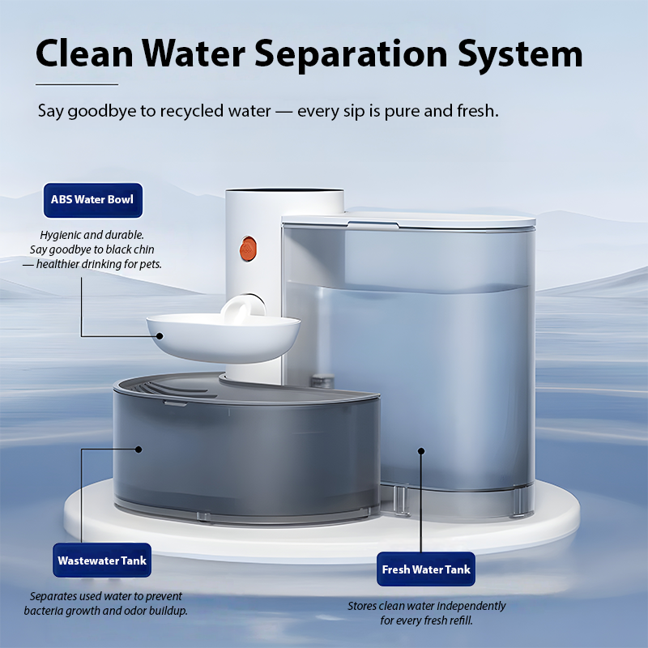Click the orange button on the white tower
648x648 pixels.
pyautogui.click(x=248, y=249)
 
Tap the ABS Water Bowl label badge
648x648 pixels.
pyautogui.click(x=93, y=200)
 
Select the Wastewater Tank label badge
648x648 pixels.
pyautogui.click(x=102, y=560)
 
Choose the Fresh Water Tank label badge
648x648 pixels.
pyautogui.click(x=426, y=569)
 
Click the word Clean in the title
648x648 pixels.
pyautogui.click(x=84, y=53)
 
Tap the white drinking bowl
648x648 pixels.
pyautogui.click(x=224, y=337)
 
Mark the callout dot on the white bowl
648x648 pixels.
pyautogui.click(x=160, y=336)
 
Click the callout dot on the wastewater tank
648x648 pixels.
pyautogui.click(x=139, y=450)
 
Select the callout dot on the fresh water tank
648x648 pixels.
pyautogui.click(x=421, y=451)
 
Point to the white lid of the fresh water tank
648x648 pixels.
pyautogui.click(x=408, y=220)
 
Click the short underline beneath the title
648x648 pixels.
pyautogui.click(x=77, y=84)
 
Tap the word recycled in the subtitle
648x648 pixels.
pyautogui.click(x=191, y=111)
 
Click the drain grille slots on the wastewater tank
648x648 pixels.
pyautogui.click(x=173, y=389)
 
